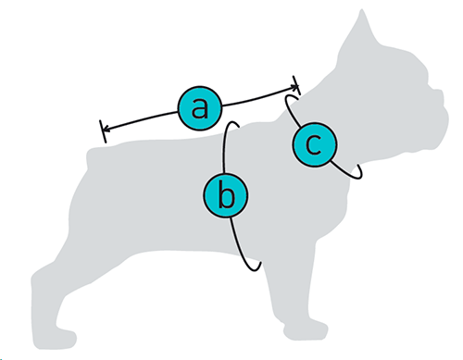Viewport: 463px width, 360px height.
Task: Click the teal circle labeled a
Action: (x=200, y=108)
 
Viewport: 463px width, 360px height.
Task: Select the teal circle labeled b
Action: (x=226, y=195)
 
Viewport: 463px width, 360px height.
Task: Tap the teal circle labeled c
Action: (x=315, y=144)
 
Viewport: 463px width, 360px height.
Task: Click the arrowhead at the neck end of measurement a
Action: (x=294, y=87)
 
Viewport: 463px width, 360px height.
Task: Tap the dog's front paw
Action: (x=306, y=330)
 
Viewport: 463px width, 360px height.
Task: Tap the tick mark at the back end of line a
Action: (x=103, y=131)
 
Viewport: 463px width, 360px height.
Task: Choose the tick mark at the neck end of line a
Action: (x=296, y=85)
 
